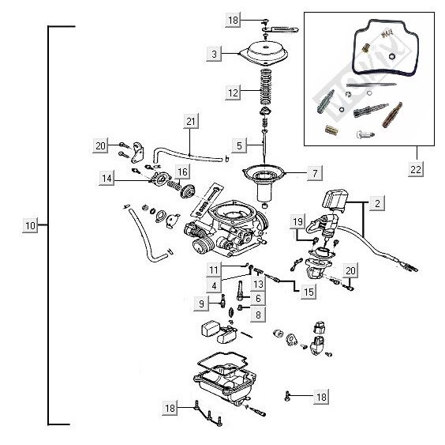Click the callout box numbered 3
(x=214, y=55)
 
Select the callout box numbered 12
(x=233, y=92)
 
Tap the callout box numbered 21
(x=190, y=122)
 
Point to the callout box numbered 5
(x=238, y=145)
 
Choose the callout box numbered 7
(x=314, y=172)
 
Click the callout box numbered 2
(x=377, y=204)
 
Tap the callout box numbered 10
(x=30, y=226)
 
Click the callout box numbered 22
(x=415, y=169)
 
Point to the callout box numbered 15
(x=309, y=291)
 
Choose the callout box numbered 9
(x=202, y=304)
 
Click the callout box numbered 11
(x=214, y=270)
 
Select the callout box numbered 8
(x=257, y=315)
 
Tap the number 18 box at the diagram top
(x=233, y=18)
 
